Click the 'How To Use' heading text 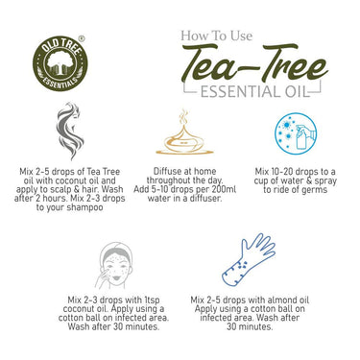pyautogui.click(x=217, y=37)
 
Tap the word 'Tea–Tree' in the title pyautogui.click(x=252, y=66)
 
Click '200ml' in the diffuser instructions pyautogui.click(x=228, y=189)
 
